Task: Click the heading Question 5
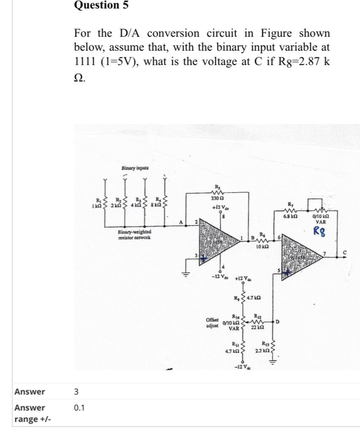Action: (x=101, y=5)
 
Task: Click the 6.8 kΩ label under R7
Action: (x=294, y=215)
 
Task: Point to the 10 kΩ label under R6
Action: (x=263, y=246)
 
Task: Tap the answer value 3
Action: (x=76, y=391)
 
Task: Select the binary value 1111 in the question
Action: (x=86, y=62)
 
